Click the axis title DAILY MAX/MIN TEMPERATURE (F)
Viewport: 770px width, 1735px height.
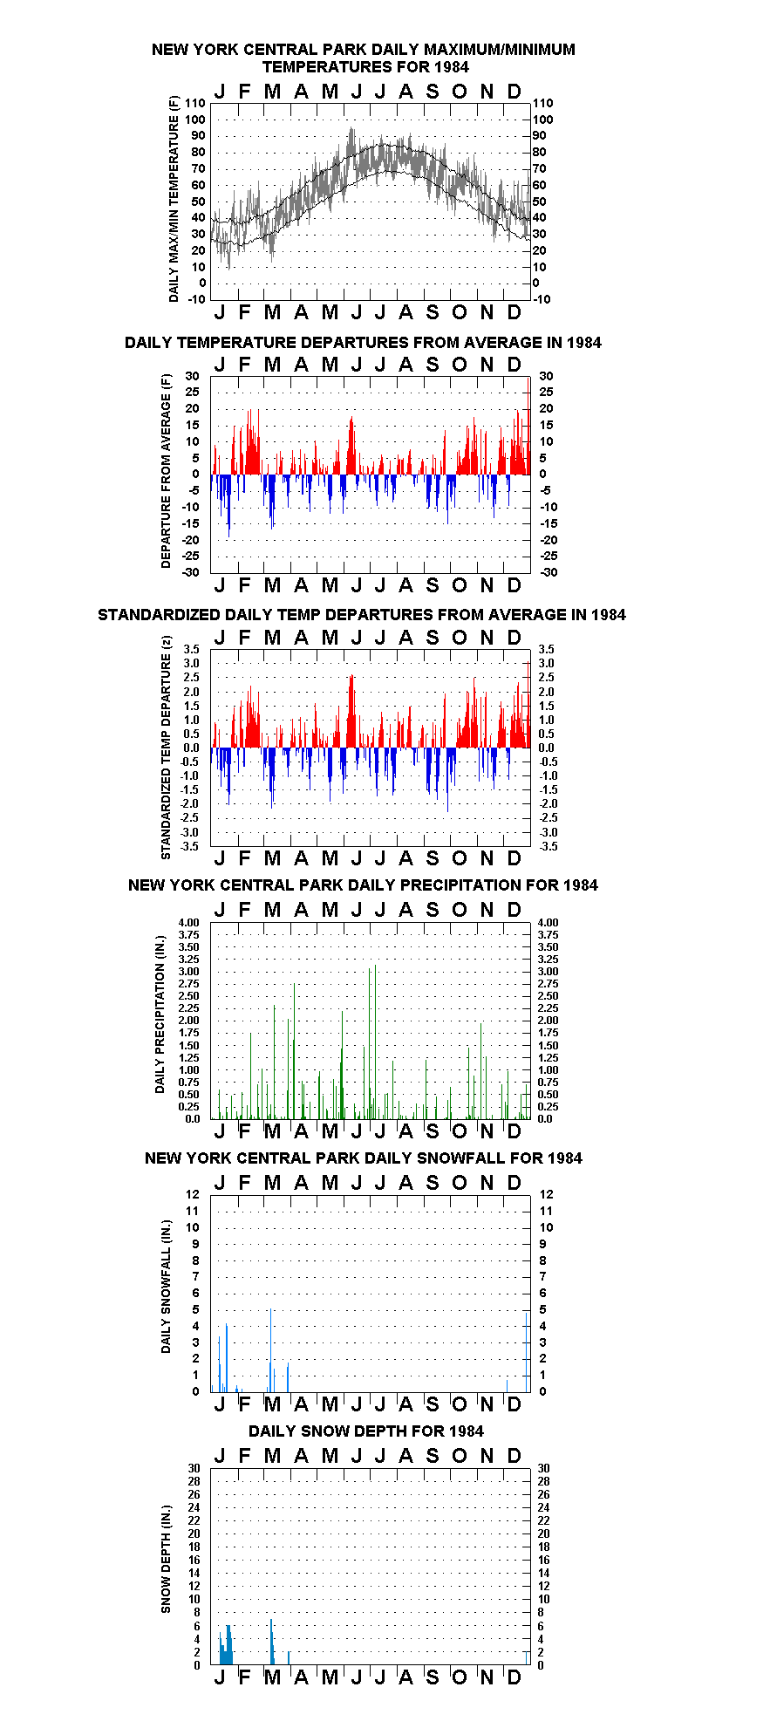point(174,199)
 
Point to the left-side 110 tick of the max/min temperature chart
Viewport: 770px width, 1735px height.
point(195,104)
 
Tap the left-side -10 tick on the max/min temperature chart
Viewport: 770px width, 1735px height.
point(197,299)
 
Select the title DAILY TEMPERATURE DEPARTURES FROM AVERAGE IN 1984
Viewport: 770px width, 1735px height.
point(363,343)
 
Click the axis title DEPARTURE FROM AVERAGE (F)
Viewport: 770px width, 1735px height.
point(166,471)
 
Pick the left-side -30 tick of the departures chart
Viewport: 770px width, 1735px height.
point(191,573)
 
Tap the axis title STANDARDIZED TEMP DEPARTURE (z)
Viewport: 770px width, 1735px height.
point(166,747)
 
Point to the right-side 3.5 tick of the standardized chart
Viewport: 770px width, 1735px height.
point(546,650)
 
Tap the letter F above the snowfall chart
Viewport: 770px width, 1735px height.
point(244,1184)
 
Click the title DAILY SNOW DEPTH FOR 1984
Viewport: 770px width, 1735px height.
point(366,1431)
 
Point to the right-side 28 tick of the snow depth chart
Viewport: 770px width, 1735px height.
point(543,1482)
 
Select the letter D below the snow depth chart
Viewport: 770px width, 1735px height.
point(514,1677)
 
